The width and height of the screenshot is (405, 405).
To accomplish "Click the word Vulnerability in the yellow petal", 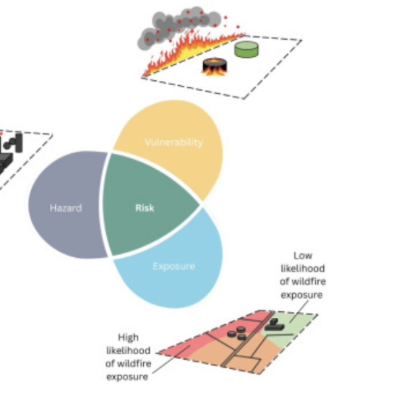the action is point(174,142).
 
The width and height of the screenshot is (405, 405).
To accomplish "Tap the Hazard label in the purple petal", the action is point(66,208).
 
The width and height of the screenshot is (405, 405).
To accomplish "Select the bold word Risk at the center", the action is point(144,208).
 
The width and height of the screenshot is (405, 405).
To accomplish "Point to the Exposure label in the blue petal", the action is point(174,267).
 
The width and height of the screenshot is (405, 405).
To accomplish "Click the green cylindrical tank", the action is point(246,49).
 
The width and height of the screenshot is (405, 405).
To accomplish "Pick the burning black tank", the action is point(215,66).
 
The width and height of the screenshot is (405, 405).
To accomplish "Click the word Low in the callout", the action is point(302,256).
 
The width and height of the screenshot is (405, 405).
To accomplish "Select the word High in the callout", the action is point(128,337).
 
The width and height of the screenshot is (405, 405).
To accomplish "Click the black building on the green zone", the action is point(274,325).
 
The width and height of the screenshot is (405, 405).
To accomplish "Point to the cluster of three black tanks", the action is point(237,333).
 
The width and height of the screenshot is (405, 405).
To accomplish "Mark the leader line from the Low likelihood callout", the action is point(299,312).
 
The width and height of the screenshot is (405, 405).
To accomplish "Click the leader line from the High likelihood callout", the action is point(171,360).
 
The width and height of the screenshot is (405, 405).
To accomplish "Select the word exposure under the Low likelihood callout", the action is point(302,295).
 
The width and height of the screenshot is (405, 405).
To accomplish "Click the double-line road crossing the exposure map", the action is point(248,339).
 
